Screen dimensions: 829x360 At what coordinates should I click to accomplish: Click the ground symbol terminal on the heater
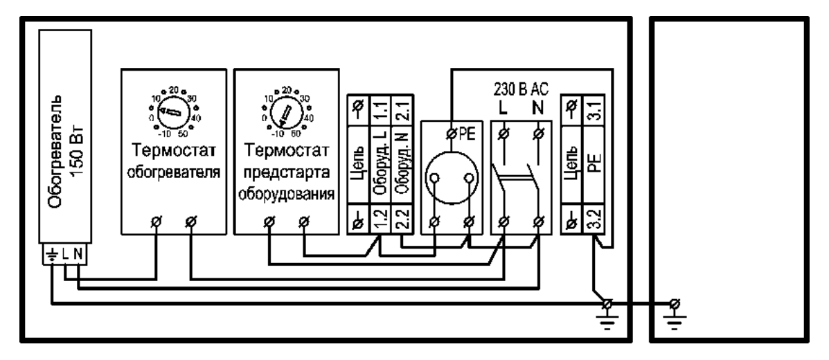pyautogui.click(x=52, y=255)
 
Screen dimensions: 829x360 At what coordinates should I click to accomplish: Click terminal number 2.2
pyautogui.click(x=401, y=219)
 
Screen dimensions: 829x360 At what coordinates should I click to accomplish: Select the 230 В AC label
pyautogui.click(x=521, y=89)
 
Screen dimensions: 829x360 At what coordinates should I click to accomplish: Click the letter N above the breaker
pyautogui.click(x=539, y=109)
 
